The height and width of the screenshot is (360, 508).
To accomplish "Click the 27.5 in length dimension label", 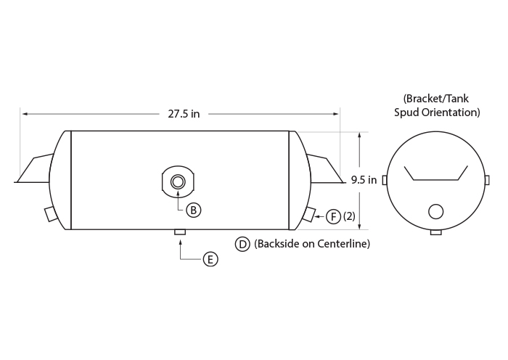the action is click(x=184, y=114).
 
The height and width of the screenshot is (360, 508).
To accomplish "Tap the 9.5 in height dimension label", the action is click(x=364, y=180).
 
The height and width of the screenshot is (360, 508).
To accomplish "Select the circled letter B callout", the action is click(x=194, y=210).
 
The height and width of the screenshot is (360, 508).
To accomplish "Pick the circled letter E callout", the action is click(x=210, y=260).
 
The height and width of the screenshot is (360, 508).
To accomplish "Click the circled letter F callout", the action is click(x=333, y=216).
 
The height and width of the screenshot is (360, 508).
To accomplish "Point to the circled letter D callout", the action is click(x=242, y=244).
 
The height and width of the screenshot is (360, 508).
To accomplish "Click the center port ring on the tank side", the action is click(x=178, y=181).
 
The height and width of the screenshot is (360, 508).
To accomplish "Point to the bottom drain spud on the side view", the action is click(x=180, y=232).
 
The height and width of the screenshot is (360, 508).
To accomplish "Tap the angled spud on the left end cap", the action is click(x=52, y=213).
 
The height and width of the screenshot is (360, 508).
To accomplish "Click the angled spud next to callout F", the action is click(x=308, y=214).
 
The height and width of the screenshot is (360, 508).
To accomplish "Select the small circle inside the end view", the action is click(x=435, y=212).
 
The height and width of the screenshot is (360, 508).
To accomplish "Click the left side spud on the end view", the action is click(x=385, y=180).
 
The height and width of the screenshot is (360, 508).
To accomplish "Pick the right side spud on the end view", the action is click(x=487, y=180).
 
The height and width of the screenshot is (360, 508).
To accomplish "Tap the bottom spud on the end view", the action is click(x=435, y=232).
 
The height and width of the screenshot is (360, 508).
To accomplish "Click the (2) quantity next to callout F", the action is click(x=349, y=216).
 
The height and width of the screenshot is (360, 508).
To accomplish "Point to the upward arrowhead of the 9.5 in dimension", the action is click(x=360, y=136).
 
